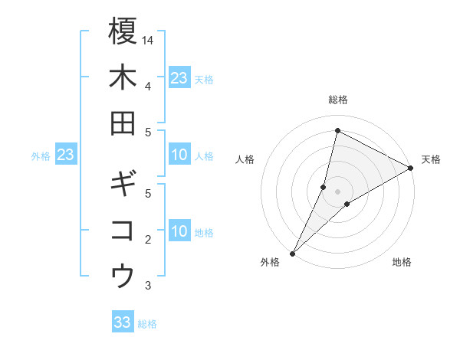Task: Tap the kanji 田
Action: (x=123, y=123)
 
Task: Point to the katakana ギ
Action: (x=123, y=184)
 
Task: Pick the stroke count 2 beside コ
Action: (x=148, y=240)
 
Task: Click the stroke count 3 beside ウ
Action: (x=148, y=286)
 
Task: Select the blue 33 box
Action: (x=123, y=322)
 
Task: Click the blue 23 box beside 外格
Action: (x=66, y=155)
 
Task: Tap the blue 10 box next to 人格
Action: (x=179, y=155)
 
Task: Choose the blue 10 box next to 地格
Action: (x=179, y=232)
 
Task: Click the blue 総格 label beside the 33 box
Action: (x=147, y=324)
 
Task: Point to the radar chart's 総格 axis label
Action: (x=337, y=100)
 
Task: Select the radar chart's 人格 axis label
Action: (x=245, y=159)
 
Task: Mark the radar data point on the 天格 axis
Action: (x=411, y=169)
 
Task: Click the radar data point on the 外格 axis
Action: (x=292, y=254)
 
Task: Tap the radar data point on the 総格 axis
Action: (x=337, y=131)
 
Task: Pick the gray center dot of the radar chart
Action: (x=337, y=191)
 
